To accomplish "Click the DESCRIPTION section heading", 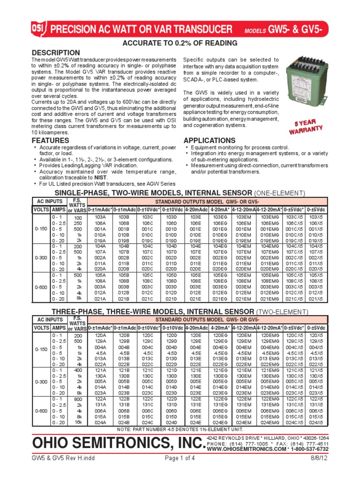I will (x=55, y=52).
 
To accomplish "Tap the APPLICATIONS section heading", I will (x=210, y=141).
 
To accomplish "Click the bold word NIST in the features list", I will (x=100, y=178).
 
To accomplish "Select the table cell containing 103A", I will (x=100, y=217).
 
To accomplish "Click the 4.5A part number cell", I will (x=100, y=353).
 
